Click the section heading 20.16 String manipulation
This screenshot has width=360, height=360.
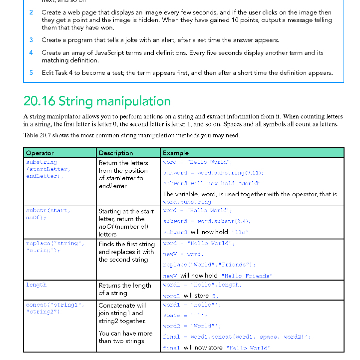tap(97, 101)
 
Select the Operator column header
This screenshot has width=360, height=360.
tap(40, 153)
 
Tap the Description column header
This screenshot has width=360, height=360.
tap(116, 153)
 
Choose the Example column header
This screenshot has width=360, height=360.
tap(176, 153)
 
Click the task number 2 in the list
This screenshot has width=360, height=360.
tap(31, 12)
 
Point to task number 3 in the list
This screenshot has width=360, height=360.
tap(31, 40)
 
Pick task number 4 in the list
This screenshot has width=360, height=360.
tap(31, 52)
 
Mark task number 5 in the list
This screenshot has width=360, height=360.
tap(31, 72)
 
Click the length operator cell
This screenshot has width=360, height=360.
tap(36, 285)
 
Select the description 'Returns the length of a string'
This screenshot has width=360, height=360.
tap(125, 289)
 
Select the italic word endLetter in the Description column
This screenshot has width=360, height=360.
tap(113, 186)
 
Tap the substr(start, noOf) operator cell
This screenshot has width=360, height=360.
tap(48, 214)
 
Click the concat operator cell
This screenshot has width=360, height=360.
tap(55, 308)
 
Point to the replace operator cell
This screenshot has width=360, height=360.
tap(55, 247)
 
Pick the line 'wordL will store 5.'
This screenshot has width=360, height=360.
tap(190, 296)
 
